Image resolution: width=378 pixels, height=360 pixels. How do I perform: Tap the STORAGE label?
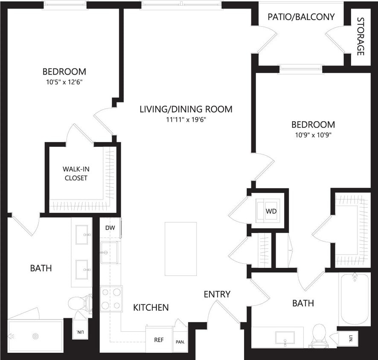(x=361, y=37)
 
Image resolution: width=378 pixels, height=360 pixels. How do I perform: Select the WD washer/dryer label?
(x=271, y=211)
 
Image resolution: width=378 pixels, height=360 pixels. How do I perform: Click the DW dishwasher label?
(x=110, y=228)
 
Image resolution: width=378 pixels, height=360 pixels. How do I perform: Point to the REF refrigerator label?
(x=159, y=340)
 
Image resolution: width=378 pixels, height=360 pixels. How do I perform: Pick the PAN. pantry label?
(x=180, y=342)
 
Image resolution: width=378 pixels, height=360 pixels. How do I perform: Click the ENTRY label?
(x=217, y=294)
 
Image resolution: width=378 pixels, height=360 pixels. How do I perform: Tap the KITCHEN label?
(x=151, y=308)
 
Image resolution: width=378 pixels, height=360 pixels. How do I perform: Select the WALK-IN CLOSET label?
(x=76, y=173)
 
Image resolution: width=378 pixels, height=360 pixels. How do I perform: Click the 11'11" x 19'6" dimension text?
(x=186, y=120)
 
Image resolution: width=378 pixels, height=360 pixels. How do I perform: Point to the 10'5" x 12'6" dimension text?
(x=64, y=82)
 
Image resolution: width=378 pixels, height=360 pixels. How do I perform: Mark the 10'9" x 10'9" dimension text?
(x=313, y=135)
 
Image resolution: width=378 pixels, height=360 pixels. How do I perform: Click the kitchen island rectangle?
(x=181, y=249)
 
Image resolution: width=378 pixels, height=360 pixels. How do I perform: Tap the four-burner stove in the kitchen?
(x=111, y=298)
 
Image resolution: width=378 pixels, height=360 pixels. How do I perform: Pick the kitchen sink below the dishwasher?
(x=109, y=252)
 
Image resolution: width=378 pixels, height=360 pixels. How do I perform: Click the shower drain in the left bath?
(x=35, y=336)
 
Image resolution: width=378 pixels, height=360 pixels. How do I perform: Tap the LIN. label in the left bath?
(x=80, y=332)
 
